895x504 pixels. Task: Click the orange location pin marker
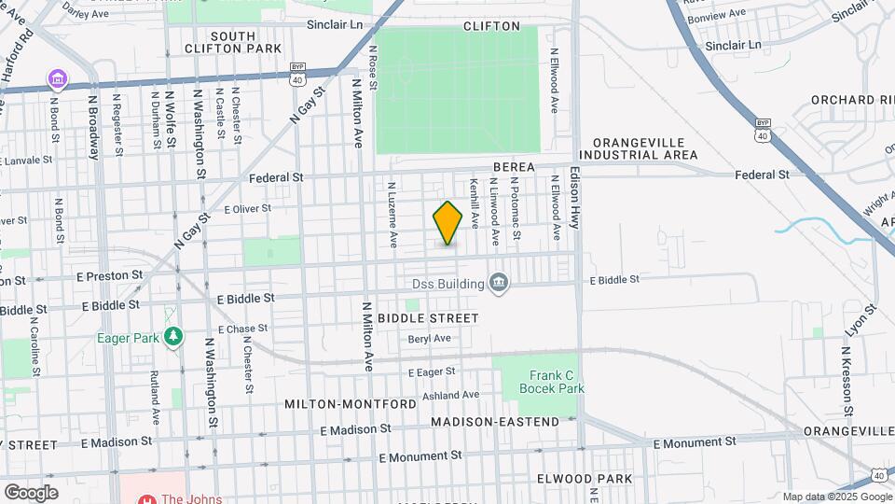coord(447,224)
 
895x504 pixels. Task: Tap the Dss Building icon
coord(499,283)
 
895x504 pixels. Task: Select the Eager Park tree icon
coord(172,336)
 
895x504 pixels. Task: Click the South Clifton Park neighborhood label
coord(220,42)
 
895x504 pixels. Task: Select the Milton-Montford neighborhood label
coord(351,404)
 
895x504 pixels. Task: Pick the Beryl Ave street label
coord(429,339)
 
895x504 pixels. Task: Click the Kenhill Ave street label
coord(475,203)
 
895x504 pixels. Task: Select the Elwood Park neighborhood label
coord(585,479)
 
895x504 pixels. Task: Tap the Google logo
coord(31,492)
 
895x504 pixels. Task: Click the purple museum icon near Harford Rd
coord(58,77)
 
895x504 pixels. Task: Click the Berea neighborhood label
coord(514,167)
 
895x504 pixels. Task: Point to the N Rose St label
coord(372,67)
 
